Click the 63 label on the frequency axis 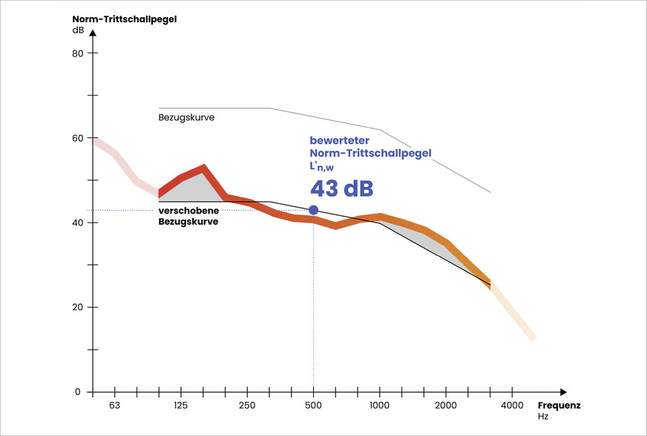pyautogui.click(x=115, y=406)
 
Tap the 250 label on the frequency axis pyautogui.click(x=247, y=406)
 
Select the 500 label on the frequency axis pyautogui.click(x=313, y=406)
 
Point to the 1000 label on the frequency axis pyautogui.click(x=379, y=406)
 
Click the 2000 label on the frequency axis pyautogui.click(x=445, y=406)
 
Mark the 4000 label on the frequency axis pyautogui.click(x=511, y=406)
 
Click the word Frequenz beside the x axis pyautogui.click(x=559, y=406)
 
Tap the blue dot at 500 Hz pyautogui.click(x=313, y=211)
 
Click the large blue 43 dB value pyautogui.click(x=341, y=188)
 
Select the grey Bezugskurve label pyautogui.click(x=186, y=118)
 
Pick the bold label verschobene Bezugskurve pyautogui.click(x=188, y=216)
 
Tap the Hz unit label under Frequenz pyautogui.click(x=544, y=417)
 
